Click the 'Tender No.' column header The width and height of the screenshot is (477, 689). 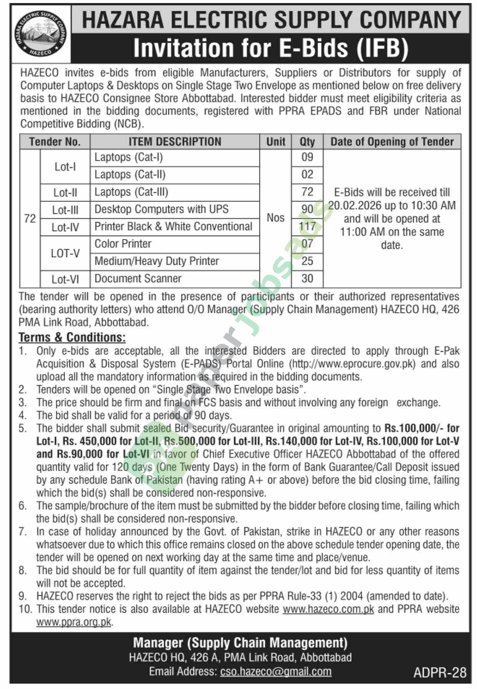click(x=55, y=142)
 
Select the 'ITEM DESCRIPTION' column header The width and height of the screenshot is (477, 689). click(x=175, y=142)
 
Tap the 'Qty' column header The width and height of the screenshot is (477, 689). click(x=307, y=142)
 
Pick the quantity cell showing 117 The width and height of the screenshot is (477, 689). click(x=307, y=227)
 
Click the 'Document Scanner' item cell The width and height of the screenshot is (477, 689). click(x=138, y=278)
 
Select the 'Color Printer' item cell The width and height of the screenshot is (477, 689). click(x=123, y=244)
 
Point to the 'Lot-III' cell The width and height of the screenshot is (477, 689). click(x=65, y=210)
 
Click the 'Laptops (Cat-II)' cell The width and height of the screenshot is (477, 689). click(x=130, y=175)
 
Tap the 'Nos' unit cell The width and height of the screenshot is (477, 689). click(x=275, y=218)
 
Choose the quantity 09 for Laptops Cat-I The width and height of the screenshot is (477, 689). click(x=307, y=157)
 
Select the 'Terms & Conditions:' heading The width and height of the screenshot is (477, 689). click(x=72, y=337)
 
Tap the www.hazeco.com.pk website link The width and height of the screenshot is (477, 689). click(x=328, y=609)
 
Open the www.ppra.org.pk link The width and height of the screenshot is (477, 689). click(x=74, y=622)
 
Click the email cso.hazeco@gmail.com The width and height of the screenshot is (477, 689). click(x=275, y=671)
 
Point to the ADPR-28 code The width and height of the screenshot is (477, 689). click(x=440, y=672)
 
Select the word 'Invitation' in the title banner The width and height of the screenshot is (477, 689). click(x=183, y=48)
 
